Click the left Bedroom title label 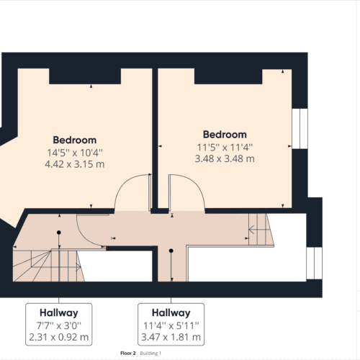point(75,140)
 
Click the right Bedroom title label point(225,135)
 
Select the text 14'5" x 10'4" point(75,152)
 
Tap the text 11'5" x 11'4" point(225,147)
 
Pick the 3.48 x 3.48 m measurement point(225,158)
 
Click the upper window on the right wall point(299,129)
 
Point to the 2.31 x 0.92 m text point(59,337)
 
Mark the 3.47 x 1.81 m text point(171,337)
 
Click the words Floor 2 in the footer point(128,354)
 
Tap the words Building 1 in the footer point(150,354)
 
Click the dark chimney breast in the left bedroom point(84,76)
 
